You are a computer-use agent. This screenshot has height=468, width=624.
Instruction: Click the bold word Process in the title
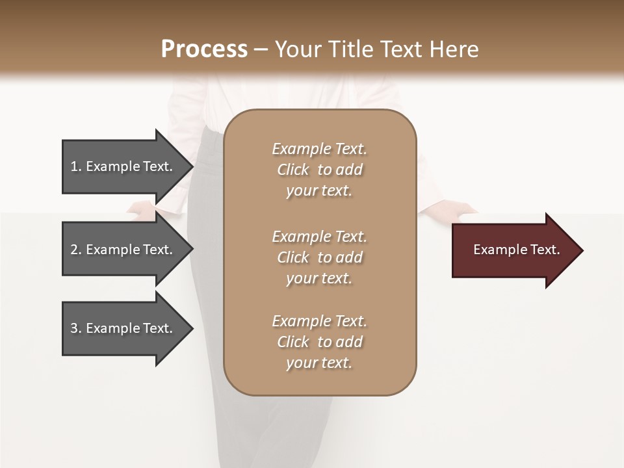pos(204,49)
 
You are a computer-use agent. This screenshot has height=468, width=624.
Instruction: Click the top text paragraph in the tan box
pos(319,170)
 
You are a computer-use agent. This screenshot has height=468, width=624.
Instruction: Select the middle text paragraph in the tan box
pos(319,257)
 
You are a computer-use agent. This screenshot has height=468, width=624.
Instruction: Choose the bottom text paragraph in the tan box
pos(319,342)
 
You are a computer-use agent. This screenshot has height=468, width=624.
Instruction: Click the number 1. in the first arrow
pos(76,166)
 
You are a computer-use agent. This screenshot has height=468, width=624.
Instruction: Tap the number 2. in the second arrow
pos(76,250)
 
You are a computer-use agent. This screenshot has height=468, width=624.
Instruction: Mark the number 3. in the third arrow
pos(76,328)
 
